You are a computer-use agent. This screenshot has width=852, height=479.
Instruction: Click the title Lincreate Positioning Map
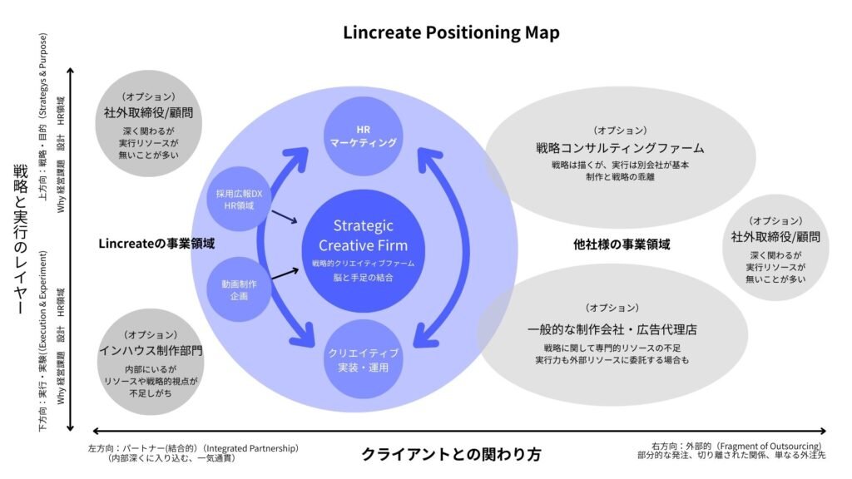451,33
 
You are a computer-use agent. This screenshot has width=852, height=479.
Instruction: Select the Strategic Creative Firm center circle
363,247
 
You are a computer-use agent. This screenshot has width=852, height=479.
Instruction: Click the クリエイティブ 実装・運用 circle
363,358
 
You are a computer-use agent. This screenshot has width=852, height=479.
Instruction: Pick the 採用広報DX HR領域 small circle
239,200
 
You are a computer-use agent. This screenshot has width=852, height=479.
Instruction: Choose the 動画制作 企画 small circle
239,289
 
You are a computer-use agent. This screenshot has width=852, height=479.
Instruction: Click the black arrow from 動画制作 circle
284,273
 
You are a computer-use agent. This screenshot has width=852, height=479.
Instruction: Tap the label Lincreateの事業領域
156,244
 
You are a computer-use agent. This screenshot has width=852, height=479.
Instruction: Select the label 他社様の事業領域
622,244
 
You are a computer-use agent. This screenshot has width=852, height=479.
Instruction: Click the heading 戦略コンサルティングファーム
620,148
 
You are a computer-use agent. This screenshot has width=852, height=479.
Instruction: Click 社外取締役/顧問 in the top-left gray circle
149,112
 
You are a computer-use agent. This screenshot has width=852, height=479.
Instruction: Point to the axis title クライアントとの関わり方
451,455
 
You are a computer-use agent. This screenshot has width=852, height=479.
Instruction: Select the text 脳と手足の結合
363,277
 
